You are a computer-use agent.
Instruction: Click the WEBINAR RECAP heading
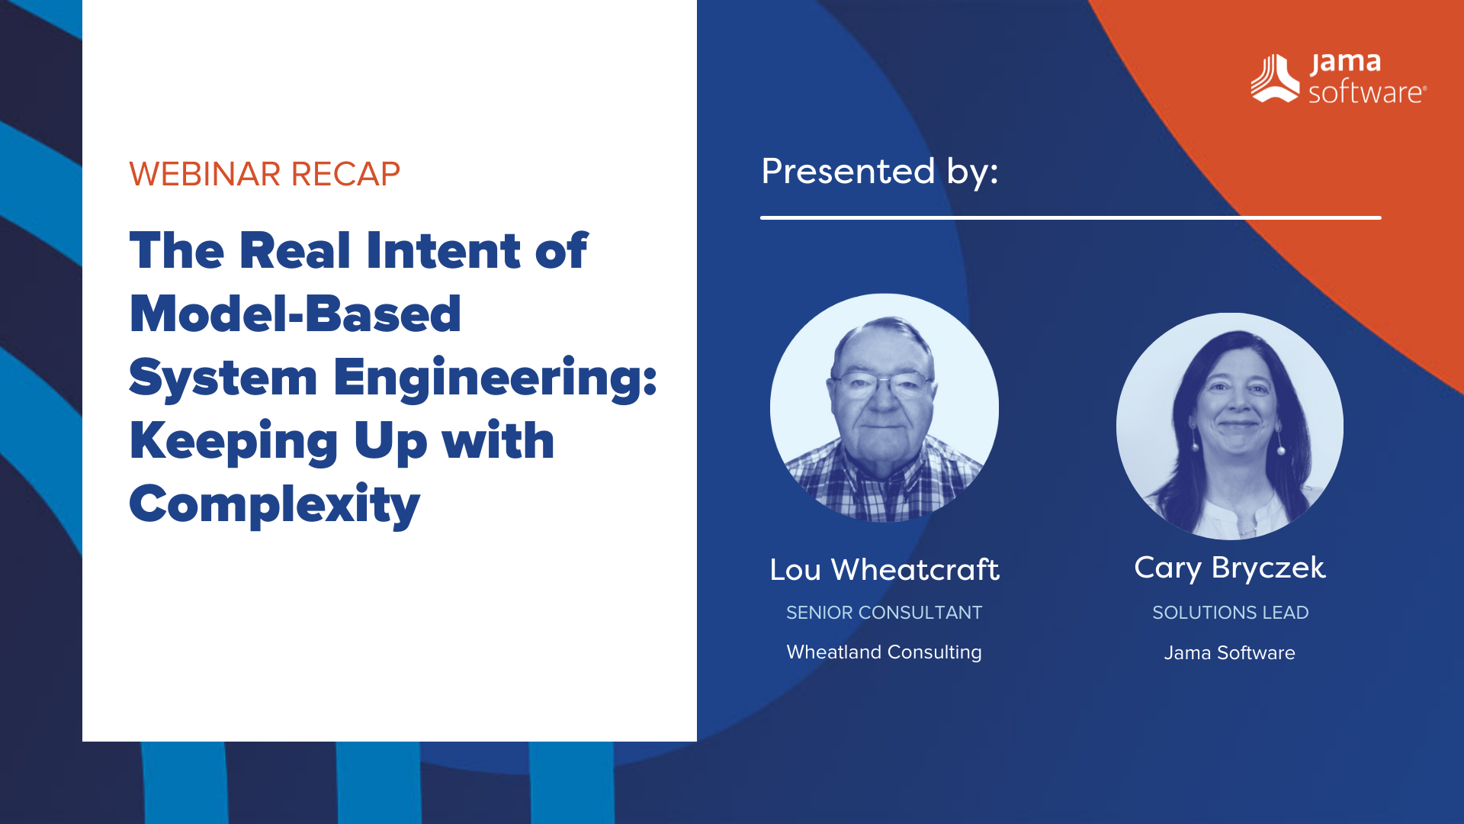pyautogui.click(x=264, y=174)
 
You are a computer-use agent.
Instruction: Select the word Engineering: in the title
pyautogui.click(x=495, y=377)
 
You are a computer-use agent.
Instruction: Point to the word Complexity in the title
pyautogui.click(x=274, y=504)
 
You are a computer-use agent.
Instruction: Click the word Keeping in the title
pyautogui.click(x=233, y=441)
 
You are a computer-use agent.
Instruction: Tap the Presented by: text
pyautogui.click(x=879, y=171)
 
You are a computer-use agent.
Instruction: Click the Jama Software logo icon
pyautogui.click(x=1274, y=78)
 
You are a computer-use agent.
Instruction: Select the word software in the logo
pyautogui.click(x=1366, y=92)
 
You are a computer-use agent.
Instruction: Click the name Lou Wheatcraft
pyautogui.click(x=884, y=570)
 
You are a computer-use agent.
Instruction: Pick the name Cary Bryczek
pyautogui.click(x=1229, y=568)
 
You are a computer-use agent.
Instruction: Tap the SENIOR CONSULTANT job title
pyautogui.click(x=884, y=613)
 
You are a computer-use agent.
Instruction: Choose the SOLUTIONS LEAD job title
pyautogui.click(x=1229, y=613)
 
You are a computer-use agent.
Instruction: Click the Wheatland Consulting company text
pyautogui.click(x=884, y=652)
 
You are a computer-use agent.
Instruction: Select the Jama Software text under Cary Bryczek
pyautogui.click(x=1229, y=653)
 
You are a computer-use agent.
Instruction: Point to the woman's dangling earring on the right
pyautogui.click(x=1281, y=450)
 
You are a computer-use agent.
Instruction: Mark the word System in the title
pyautogui.click(x=223, y=377)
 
